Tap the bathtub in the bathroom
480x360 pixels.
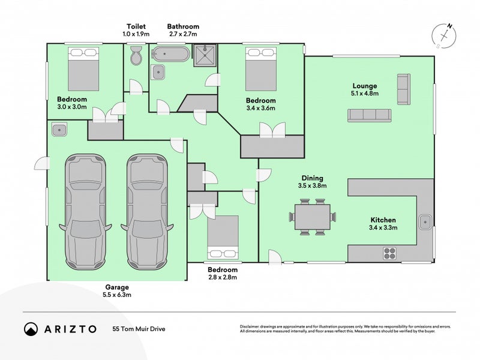pyautogui.click(x=170, y=54)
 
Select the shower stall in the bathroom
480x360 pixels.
pyautogui.click(x=205, y=55)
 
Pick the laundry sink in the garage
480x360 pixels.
pyautogui.click(x=59, y=130)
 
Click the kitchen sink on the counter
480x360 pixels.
pyautogui.click(x=425, y=221)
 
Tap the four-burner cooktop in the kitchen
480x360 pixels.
pyautogui.click(x=389, y=253)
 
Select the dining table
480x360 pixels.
pyautogui.click(x=313, y=217)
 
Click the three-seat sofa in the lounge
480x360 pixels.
pyautogui.click(x=370, y=115)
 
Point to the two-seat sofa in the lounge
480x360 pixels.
pyautogui.click(x=404, y=89)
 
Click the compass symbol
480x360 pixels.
pyautogui.click(x=444, y=36)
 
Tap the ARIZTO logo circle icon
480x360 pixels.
pyautogui.click(x=31, y=329)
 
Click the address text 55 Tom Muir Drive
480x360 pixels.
pyautogui.click(x=139, y=329)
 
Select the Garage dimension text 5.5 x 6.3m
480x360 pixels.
pyautogui.click(x=117, y=295)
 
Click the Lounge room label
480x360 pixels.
pyautogui.click(x=365, y=86)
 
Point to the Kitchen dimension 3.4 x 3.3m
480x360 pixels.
pyautogui.click(x=383, y=227)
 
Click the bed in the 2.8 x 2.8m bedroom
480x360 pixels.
pyautogui.click(x=223, y=238)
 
